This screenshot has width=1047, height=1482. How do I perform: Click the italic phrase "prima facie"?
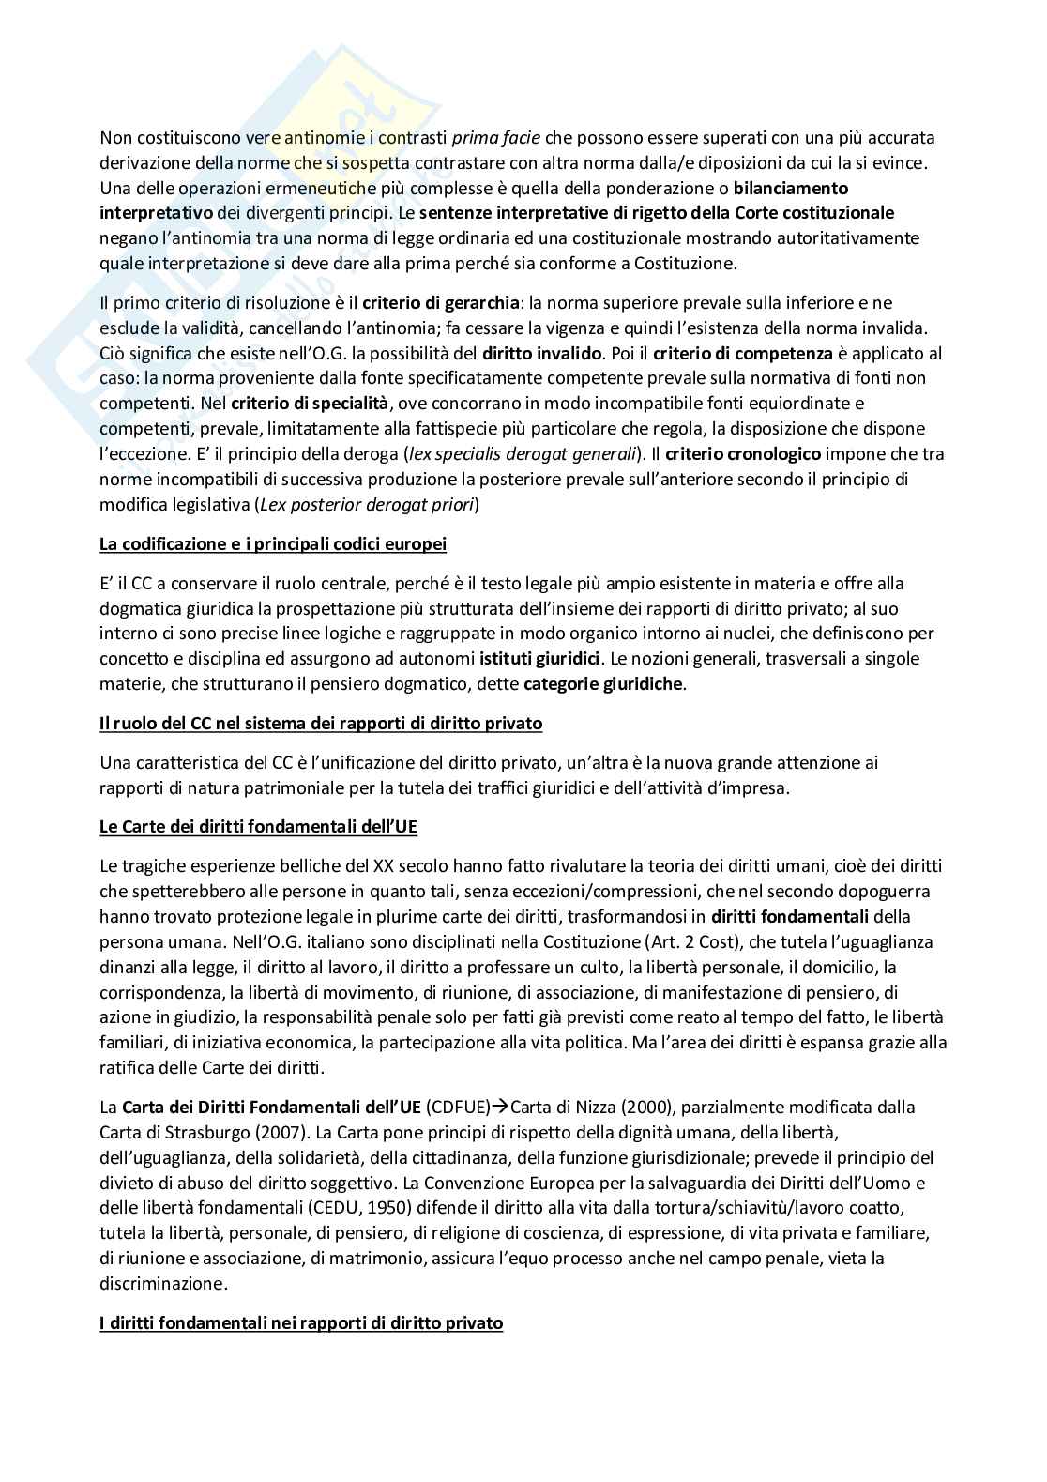tap(495, 138)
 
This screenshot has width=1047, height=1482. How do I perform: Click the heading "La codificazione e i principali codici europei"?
tap(273, 544)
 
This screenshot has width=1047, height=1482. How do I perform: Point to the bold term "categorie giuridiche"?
tap(603, 683)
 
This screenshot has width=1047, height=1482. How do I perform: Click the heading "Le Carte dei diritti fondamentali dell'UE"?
tap(259, 827)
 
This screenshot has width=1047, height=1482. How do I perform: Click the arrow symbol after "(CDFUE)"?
tap(501, 1108)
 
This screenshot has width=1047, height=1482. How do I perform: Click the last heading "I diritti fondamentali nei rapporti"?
tap(301, 1323)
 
